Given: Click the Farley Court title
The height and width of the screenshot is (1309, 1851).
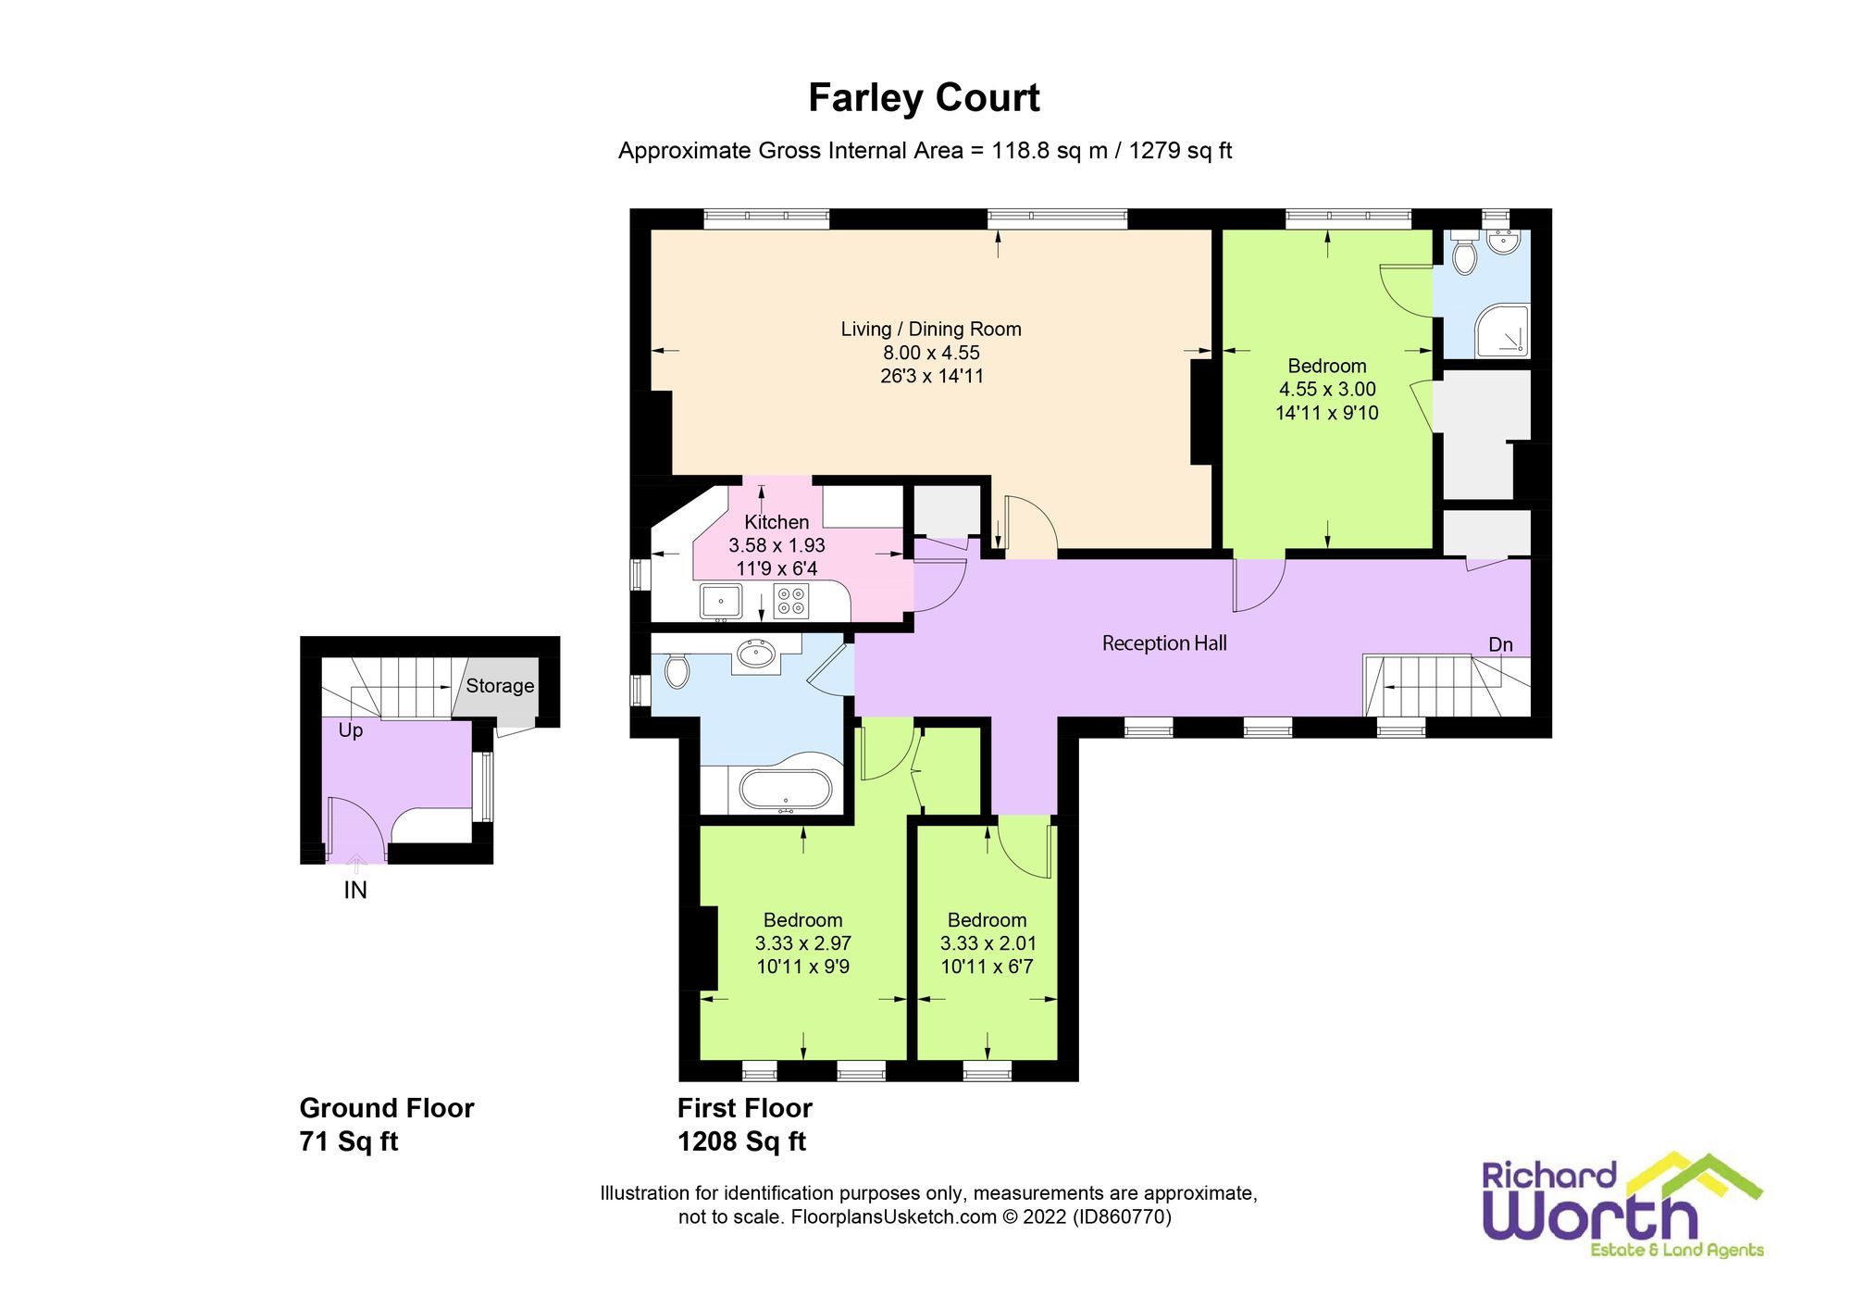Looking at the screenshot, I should coord(924,98).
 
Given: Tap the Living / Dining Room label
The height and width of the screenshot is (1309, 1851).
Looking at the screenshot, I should coord(930,329).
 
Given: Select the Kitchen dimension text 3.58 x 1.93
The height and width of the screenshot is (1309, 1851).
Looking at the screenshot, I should coord(776,545).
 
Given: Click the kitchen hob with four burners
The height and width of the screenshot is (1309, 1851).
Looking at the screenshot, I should coord(790,601).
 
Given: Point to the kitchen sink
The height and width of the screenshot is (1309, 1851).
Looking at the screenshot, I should coord(720,601).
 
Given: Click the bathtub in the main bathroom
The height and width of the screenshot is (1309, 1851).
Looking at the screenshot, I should coord(786,792).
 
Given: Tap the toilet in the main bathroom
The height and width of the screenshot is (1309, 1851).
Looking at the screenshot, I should coord(677,670).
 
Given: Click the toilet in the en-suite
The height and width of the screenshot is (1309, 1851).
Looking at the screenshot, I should coord(1463,255).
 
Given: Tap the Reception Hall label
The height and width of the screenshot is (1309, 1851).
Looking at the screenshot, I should coord(1163,642).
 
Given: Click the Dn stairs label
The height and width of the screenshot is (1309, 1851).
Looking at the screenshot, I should coord(1500,644).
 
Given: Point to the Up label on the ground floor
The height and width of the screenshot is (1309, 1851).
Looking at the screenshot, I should coord(350,730).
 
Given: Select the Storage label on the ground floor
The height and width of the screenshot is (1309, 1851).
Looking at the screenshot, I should coord(500,686).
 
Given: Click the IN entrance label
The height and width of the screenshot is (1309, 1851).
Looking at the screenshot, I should coord(355,890).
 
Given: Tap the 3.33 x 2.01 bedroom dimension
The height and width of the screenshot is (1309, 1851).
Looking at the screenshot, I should coord(988,943).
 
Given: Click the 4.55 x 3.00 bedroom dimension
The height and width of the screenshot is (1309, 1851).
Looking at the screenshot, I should coord(1326,389).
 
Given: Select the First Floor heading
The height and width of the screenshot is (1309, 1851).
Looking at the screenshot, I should coord(744,1108).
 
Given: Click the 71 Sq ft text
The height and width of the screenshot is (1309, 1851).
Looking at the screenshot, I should coord(348,1141).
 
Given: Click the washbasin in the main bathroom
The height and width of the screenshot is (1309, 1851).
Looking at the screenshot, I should coord(756,655).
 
